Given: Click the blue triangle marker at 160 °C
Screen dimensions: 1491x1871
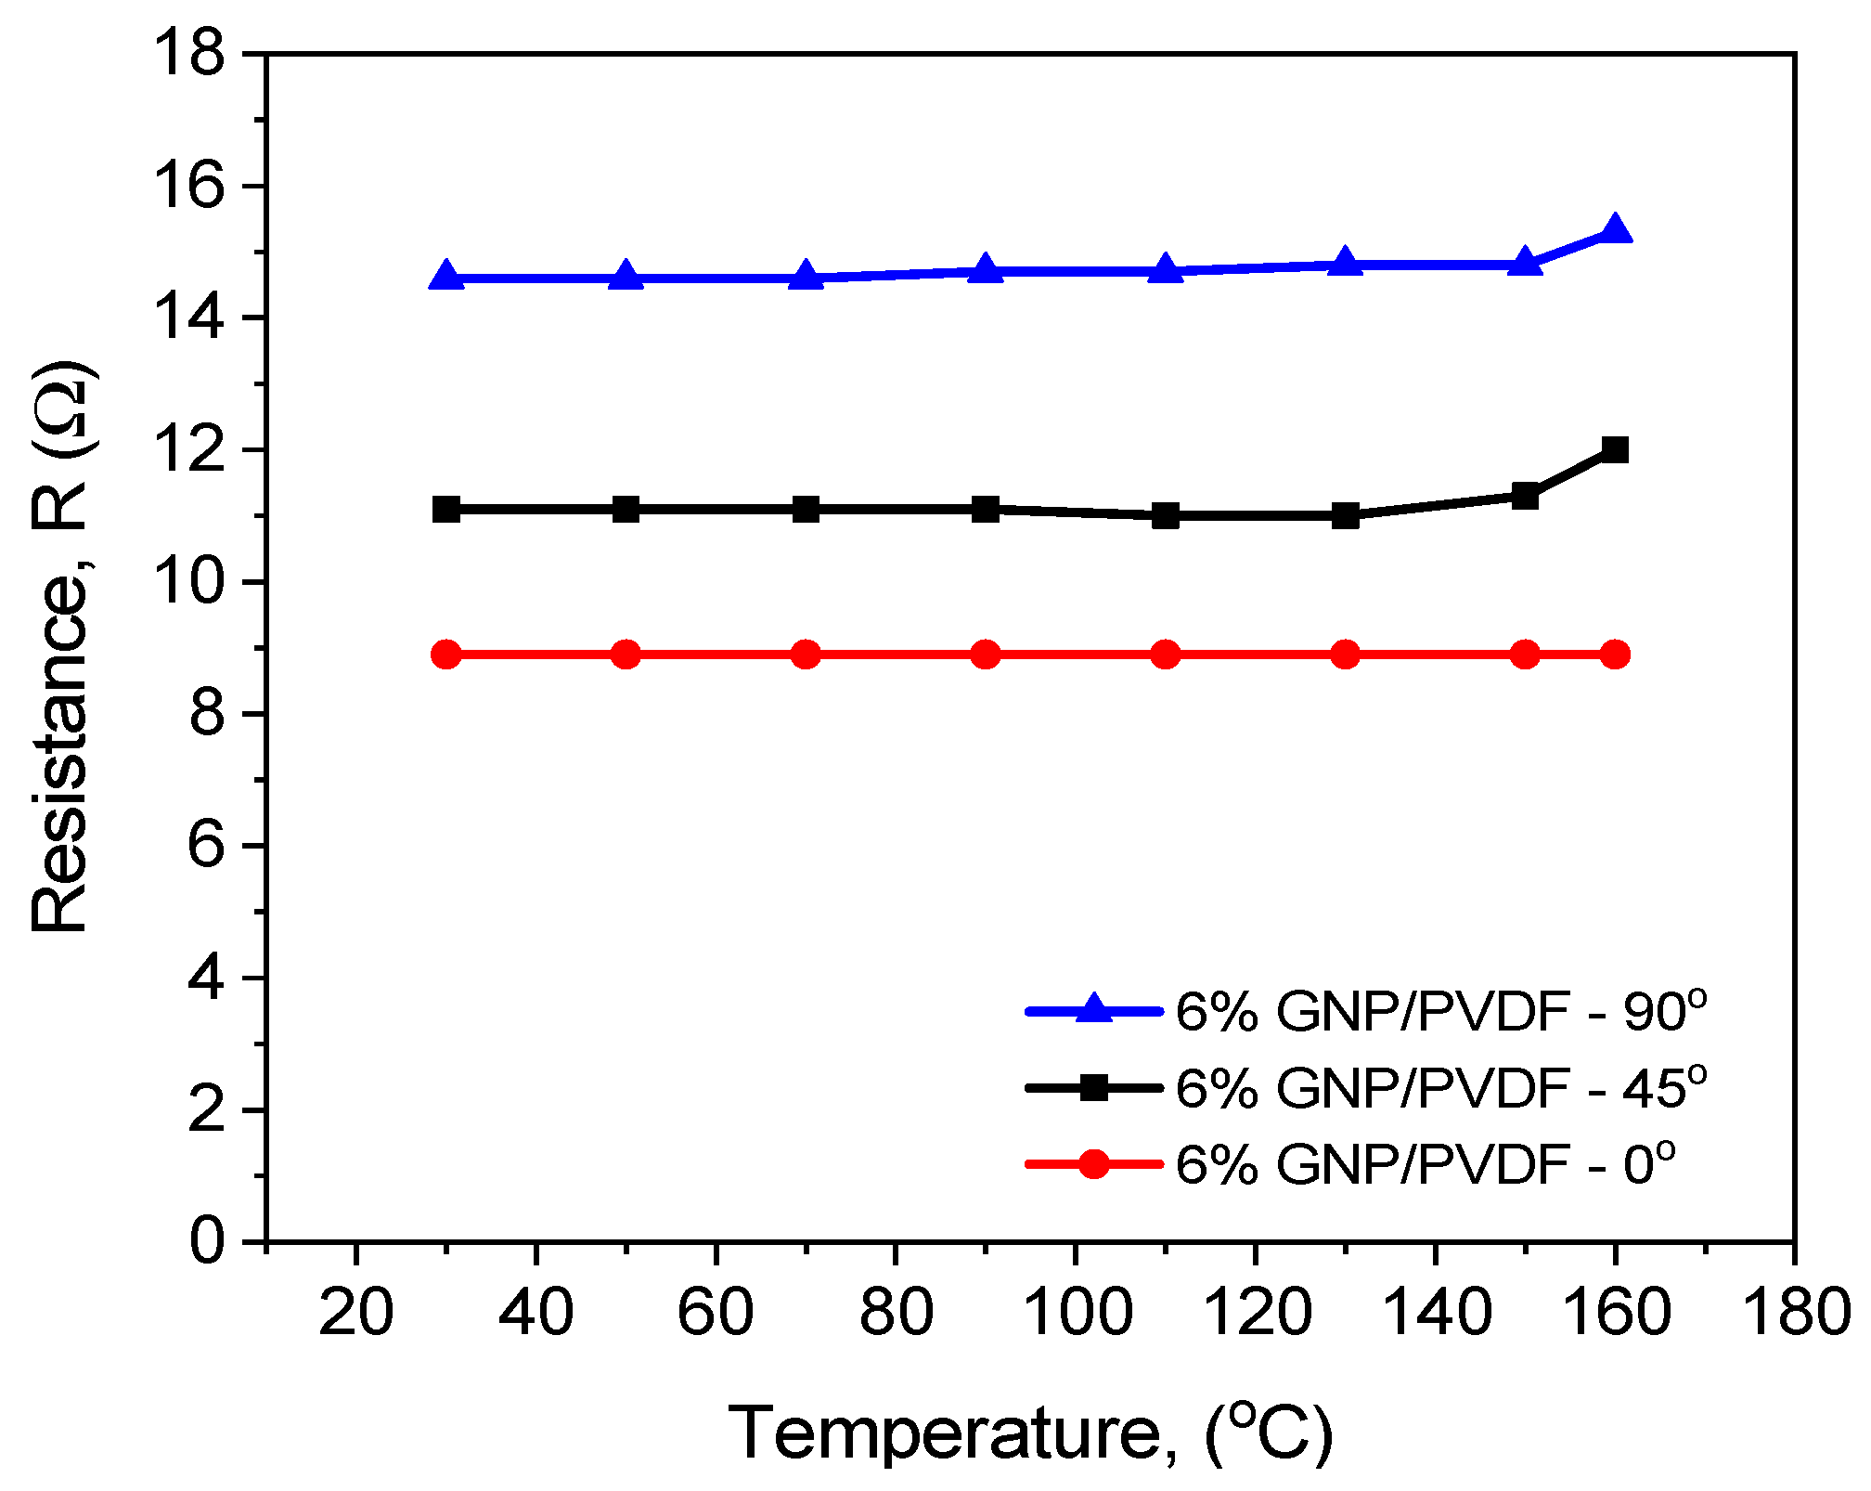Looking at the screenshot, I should click(1615, 229).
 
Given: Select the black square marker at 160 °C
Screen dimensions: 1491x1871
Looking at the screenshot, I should click(1615, 450).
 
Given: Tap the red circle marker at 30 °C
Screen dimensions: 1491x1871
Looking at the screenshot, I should click(446, 655).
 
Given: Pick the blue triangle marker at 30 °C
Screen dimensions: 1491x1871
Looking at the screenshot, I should click(446, 277).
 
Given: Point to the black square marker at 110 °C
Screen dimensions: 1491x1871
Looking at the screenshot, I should click(1166, 515).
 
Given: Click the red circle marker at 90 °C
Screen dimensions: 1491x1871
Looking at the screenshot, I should click(986, 655).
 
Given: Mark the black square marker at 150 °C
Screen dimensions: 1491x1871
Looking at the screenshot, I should click(1525, 496).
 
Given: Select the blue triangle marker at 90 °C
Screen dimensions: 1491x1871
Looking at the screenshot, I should click(986, 270).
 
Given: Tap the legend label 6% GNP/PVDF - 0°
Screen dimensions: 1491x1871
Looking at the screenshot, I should click(1425, 1163).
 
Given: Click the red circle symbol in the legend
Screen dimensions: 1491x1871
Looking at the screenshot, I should click(1094, 1163).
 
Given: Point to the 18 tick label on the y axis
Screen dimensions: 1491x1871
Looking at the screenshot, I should click(190, 54).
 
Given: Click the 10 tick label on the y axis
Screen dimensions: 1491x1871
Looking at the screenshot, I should click(190, 582).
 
